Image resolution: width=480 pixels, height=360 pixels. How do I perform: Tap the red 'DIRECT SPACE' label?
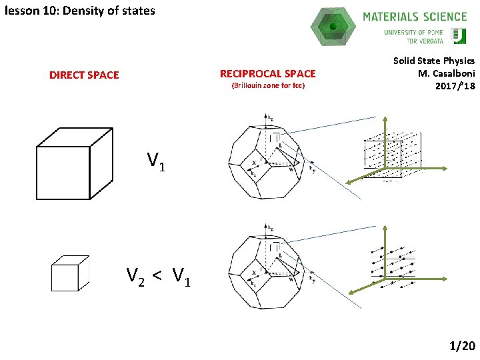(x=84, y=75)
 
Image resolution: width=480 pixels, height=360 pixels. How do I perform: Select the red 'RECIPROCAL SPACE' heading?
(x=268, y=73)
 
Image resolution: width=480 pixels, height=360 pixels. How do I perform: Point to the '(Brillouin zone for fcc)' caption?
(x=268, y=87)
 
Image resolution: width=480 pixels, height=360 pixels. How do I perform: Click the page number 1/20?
(x=462, y=345)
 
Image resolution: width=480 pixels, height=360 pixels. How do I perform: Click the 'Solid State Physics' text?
(x=434, y=61)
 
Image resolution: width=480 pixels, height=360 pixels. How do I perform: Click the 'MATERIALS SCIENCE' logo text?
(x=415, y=17)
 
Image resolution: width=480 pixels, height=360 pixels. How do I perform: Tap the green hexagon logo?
(x=333, y=27)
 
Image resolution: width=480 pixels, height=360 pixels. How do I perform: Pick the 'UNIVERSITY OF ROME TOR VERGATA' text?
(x=413, y=37)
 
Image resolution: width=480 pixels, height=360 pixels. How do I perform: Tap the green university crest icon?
(x=459, y=35)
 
